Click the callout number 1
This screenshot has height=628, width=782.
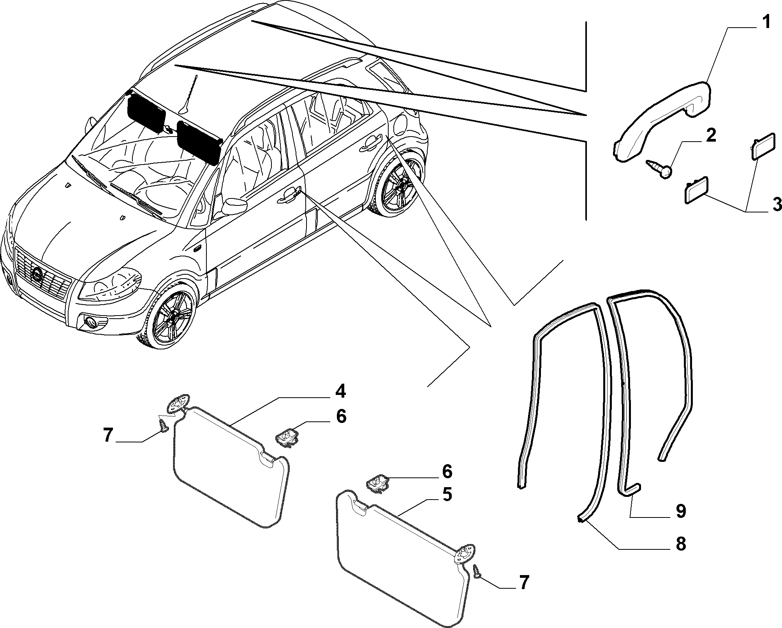[x=766, y=23]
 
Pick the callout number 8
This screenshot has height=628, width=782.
[x=680, y=544]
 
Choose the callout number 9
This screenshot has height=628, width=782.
[x=680, y=511]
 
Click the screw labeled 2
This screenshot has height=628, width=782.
[x=659, y=170]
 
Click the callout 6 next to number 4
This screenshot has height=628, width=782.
[x=341, y=416]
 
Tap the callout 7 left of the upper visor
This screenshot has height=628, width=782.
[x=108, y=435]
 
